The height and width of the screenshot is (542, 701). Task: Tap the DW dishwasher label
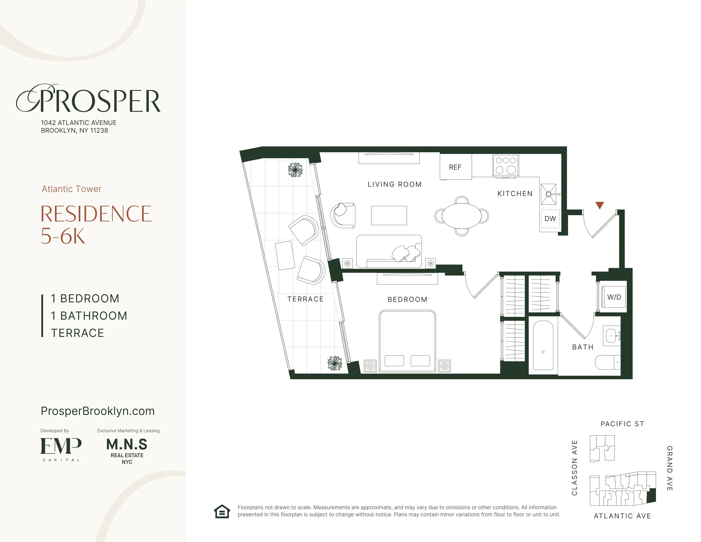[x=550, y=219]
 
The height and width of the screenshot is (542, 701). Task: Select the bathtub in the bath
[x=543, y=345]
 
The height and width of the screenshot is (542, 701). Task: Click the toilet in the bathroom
[x=608, y=362]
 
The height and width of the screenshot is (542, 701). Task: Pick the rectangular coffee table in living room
[x=389, y=216]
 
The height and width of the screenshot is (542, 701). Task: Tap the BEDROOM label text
[x=407, y=299]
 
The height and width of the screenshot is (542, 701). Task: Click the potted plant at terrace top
[x=295, y=170]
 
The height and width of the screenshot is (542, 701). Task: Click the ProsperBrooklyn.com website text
[x=98, y=411]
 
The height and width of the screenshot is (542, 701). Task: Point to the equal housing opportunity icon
[x=222, y=511]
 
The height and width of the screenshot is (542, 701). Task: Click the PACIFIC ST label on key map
[x=622, y=424]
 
